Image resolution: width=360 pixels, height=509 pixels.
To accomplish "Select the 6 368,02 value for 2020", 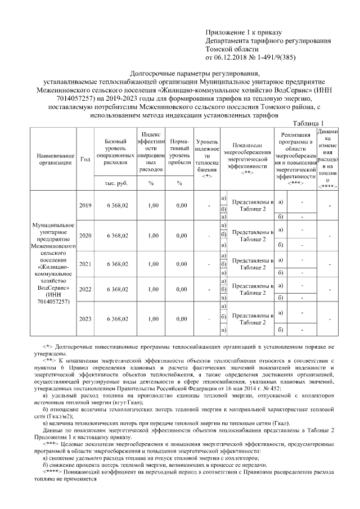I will [116, 236].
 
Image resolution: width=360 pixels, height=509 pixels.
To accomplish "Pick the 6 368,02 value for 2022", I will [116, 289].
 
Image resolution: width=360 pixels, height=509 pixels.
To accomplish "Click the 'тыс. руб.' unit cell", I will [116, 183].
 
